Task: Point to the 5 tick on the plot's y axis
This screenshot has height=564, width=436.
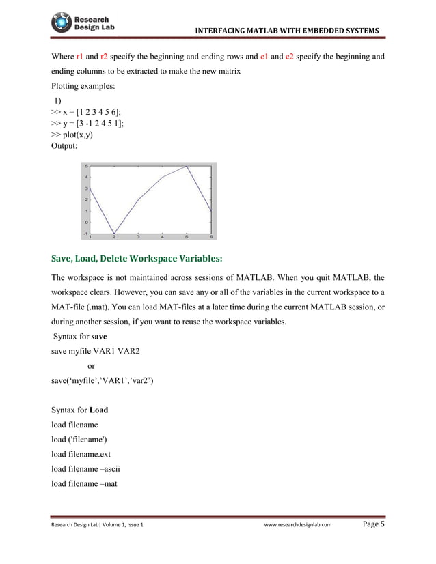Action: (86, 166)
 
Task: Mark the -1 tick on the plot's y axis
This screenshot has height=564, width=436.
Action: (85, 234)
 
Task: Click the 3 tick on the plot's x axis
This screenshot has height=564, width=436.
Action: (139, 238)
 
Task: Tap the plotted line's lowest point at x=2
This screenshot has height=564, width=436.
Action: (114, 234)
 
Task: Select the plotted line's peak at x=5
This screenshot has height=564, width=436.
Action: (187, 166)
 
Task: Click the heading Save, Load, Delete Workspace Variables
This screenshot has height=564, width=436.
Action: (137, 259)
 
